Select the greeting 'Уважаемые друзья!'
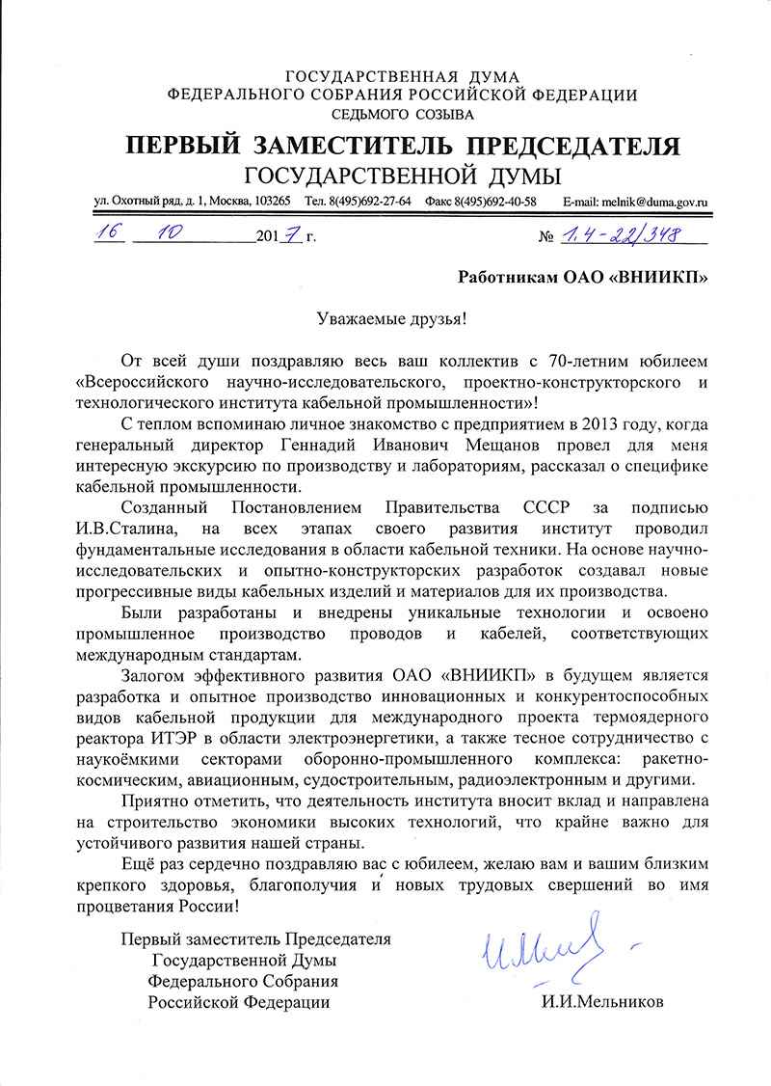(x=385, y=318)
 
